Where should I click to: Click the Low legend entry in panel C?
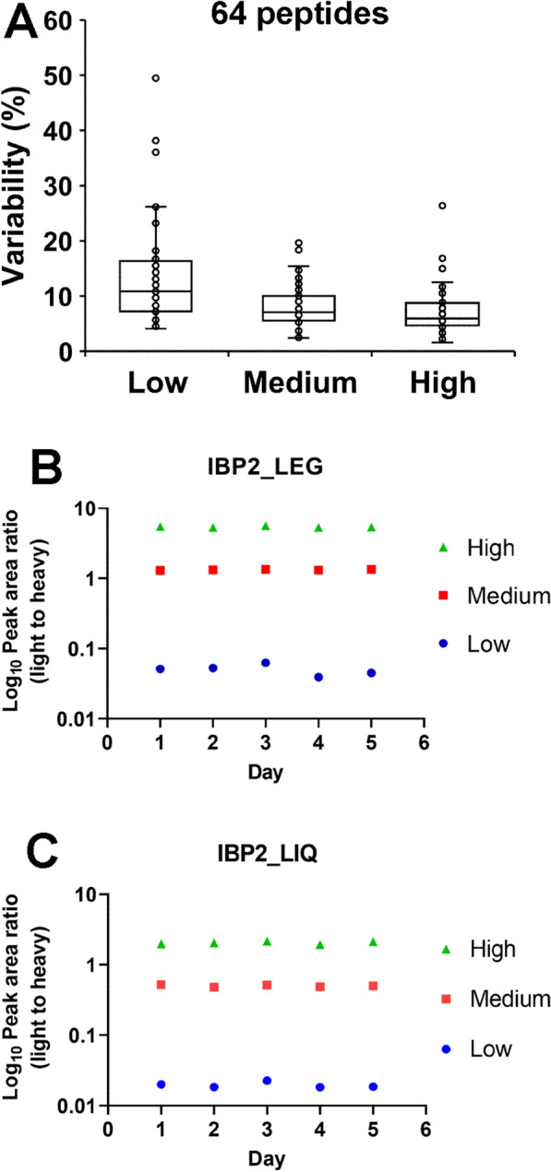489,1048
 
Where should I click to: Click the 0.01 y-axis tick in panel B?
76,719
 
